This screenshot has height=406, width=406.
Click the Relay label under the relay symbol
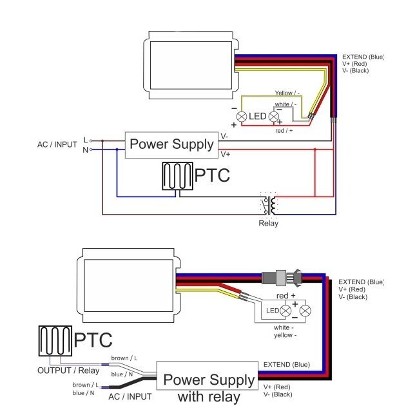pyautogui.click(x=268, y=223)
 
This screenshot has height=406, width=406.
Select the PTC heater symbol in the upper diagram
pyautogui.click(x=178, y=176)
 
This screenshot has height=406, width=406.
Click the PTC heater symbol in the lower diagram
pyautogui.click(x=55, y=341)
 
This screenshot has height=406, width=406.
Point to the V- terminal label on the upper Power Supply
pyautogui.click(x=224, y=137)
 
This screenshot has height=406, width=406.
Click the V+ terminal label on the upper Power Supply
pyautogui.click(x=226, y=155)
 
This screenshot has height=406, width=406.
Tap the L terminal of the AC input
pyautogui.click(x=91, y=140)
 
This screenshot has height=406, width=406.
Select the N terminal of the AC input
pyautogui.click(x=91, y=150)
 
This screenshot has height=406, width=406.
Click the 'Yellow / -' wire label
pyautogui.click(x=287, y=93)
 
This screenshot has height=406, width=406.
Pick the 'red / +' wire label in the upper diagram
pyautogui.click(x=284, y=131)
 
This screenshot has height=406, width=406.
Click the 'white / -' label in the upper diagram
pyautogui.click(x=285, y=104)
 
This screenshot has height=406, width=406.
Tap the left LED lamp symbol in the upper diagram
pyautogui.click(x=242, y=117)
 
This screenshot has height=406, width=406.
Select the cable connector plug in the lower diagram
pyautogui.click(x=282, y=278)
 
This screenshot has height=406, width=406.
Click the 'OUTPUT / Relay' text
pyautogui.click(x=68, y=371)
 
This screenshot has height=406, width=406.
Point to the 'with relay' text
pyautogui.click(x=209, y=396)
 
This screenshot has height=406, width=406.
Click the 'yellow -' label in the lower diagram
pyautogui.click(x=285, y=335)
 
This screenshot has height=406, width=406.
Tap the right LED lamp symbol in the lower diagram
pyautogui.click(x=305, y=311)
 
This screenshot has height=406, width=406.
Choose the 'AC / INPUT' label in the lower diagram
pyautogui.click(x=130, y=396)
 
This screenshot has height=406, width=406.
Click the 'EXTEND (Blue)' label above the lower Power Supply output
pyautogui.click(x=287, y=365)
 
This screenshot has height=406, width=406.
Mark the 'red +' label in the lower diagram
pyautogui.click(x=286, y=295)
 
